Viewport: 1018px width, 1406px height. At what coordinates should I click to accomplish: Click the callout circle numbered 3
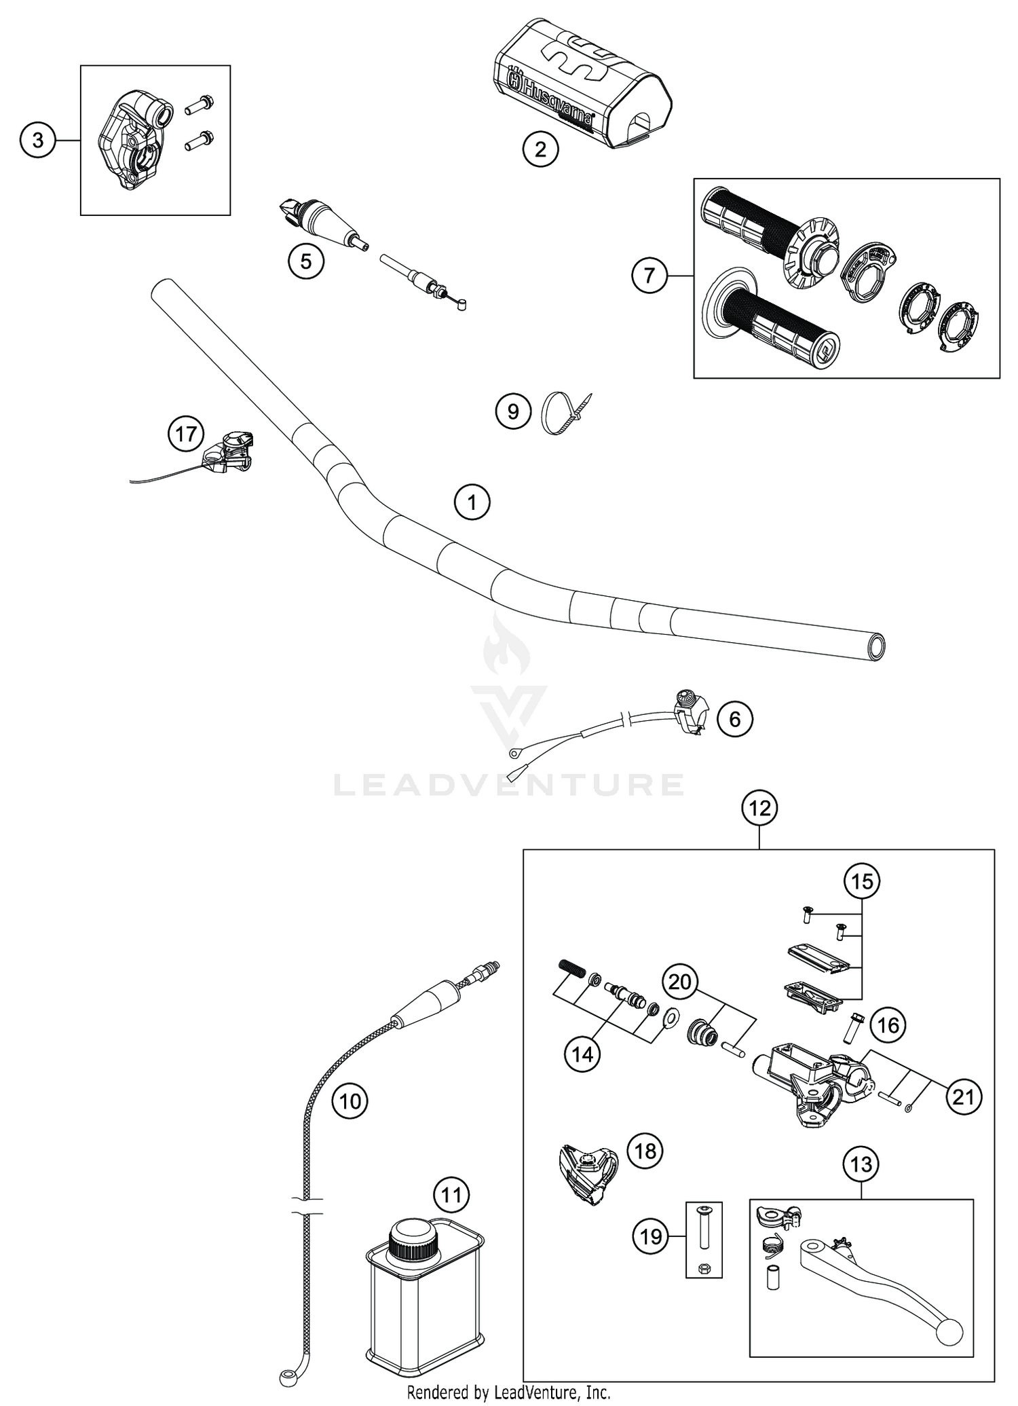(x=38, y=141)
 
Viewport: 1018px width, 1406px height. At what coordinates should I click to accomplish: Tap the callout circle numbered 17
(x=187, y=434)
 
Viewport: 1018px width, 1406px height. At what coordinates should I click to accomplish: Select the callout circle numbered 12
(x=759, y=808)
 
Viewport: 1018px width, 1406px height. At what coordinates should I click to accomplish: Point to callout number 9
(x=513, y=411)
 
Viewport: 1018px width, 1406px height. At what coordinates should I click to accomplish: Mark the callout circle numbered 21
(x=964, y=1096)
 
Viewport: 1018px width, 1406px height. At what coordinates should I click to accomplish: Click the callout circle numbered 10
(x=350, y=1100)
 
